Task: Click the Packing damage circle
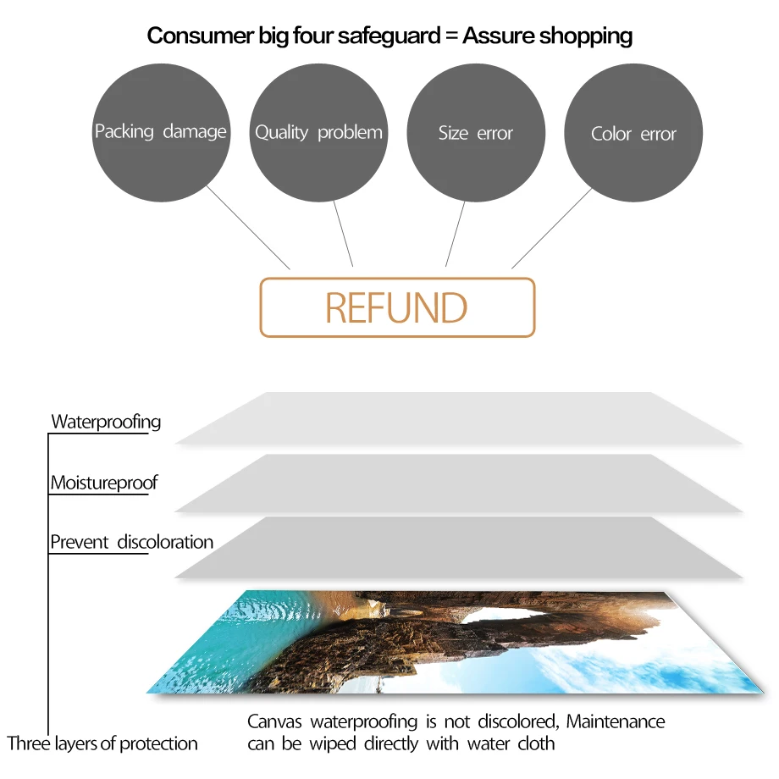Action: coord(161,132)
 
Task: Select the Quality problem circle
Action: coord(318,132)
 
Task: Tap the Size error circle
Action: coord(476,132)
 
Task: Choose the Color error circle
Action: coord(633,134)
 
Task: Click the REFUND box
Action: coord(397,307)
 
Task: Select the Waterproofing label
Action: coord(106,422)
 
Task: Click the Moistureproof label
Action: coord(104,483)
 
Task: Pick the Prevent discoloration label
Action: coord(131,542)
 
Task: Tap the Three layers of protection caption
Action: coord(102,744)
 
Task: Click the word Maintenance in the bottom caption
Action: coord(616,722)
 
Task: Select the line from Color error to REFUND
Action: coord(552,228)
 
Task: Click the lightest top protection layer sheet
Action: coord(457,418)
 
